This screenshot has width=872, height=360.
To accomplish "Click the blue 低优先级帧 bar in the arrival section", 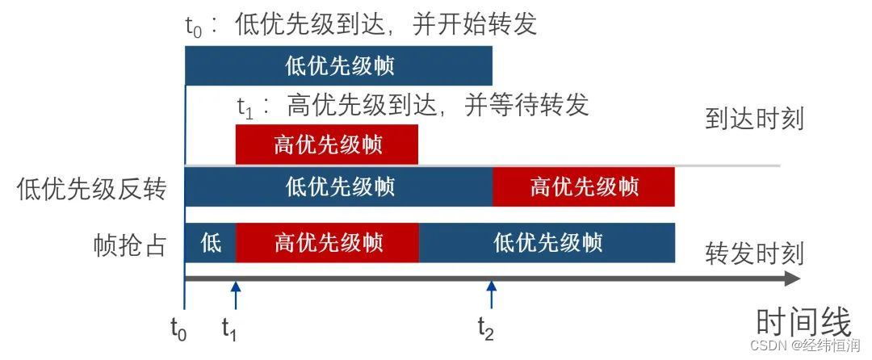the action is tap(338, 65).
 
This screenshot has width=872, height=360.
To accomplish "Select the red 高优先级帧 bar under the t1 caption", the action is tap(326, 145).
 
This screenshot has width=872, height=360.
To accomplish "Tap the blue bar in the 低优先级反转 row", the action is tap(338, 187).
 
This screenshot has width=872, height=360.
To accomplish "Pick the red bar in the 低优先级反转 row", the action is tap(583, 187).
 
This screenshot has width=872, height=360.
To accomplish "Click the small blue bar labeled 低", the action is tap(210, 242).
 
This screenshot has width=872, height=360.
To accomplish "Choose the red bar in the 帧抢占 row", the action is tap(327, 242).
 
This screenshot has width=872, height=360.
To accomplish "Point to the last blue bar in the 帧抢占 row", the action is tap(547, 242).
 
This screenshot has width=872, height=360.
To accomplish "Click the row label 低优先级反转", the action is tap(91, 189).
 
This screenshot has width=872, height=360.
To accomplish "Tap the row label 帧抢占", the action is tap(129, 243).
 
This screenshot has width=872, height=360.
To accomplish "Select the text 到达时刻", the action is tap(754, 119).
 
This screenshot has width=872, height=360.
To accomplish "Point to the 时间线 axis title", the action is tap(803, 323).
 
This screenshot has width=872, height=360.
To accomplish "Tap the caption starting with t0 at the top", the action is tap(361, 23).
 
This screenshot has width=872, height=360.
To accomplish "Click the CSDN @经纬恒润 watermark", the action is tap(808, 345).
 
